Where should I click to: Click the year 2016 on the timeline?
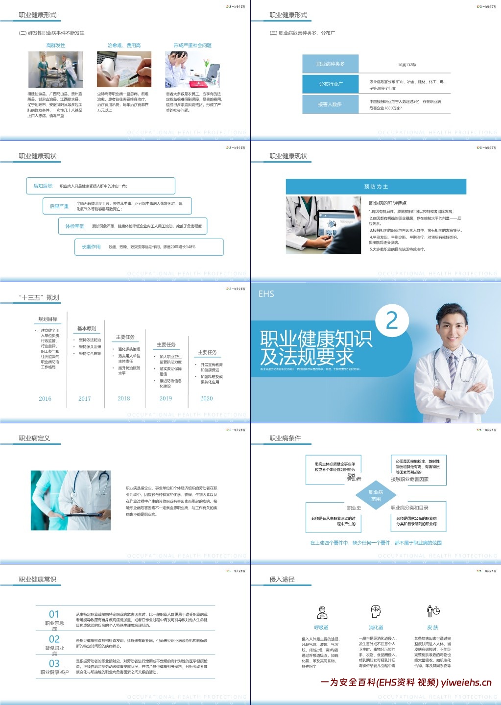45,399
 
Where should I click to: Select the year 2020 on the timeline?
207,398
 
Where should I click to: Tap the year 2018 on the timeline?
124,398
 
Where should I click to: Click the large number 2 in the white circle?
392,321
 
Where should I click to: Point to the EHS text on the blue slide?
266,294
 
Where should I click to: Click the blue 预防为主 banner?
376,187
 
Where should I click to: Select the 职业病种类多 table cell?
331,64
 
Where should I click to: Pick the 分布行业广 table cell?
331,84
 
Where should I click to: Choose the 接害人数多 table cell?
331,104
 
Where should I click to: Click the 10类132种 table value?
406,65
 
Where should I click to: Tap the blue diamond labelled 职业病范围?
376,495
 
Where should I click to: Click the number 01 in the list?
54,614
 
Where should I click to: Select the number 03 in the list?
54,663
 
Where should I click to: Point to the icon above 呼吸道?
322,612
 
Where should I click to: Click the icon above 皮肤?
433,611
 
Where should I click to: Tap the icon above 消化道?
376,611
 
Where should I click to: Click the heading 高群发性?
56,46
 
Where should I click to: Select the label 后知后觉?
43,186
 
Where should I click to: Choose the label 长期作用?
91,247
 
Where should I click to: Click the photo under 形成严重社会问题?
192,69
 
